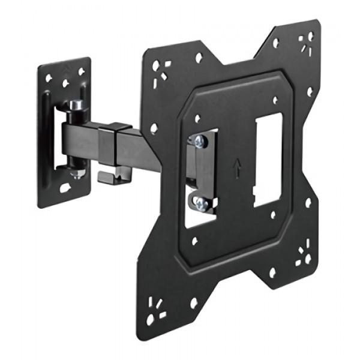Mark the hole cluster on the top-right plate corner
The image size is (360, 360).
(x=305, y=43)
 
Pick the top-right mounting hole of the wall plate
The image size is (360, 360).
(x=82, y=70)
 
